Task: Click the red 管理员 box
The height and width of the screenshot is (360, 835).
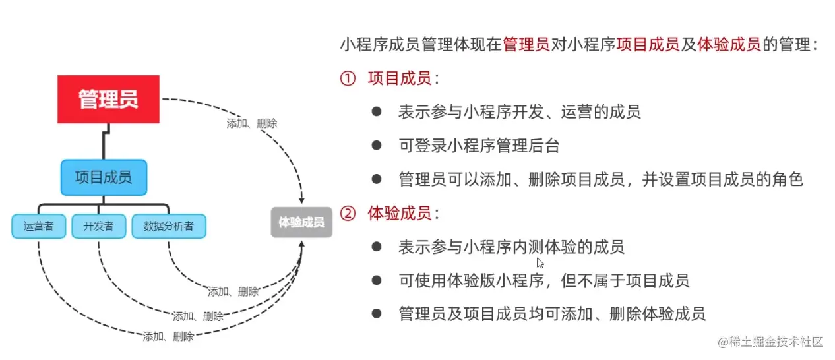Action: tap(108, 100)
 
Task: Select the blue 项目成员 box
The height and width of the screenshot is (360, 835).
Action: tap(104, 177)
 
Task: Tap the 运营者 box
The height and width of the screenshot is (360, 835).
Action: tap(38, 226)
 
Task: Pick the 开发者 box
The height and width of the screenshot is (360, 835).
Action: tap(98, 226)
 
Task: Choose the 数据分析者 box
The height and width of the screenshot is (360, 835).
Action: tap(168, 226)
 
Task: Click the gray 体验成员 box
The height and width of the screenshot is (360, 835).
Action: tap(301, 223)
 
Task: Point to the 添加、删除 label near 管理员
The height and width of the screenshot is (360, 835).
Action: tap(251, 123)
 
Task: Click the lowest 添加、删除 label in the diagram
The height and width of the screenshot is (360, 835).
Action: tap(168, 336)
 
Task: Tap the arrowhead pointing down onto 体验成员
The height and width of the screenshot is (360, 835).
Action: tap(302, 199)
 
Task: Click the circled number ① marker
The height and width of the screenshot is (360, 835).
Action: tap(348, 79)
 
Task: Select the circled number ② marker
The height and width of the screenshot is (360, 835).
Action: tap(348, 214)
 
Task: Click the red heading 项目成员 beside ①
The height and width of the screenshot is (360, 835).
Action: tap(400, 79)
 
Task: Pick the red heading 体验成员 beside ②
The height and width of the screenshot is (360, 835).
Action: tap(400, 214)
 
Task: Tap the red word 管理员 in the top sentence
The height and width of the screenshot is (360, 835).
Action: tap(526, 45)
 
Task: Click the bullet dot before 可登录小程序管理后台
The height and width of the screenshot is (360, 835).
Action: tap(377, 146)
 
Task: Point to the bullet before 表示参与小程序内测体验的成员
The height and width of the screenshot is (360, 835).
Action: tap(377, 247)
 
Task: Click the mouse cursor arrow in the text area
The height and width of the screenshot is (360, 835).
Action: tap(540, 262)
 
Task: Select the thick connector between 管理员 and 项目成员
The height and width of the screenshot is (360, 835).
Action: tap(104, 141)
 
